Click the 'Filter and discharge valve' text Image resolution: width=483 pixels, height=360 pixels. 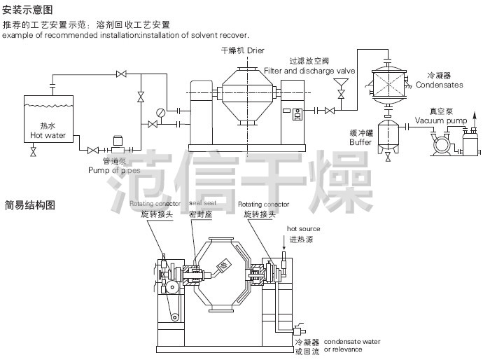[310, 71]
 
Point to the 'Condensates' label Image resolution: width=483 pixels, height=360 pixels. [439, 85]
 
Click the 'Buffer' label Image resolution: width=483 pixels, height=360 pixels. [360, 141]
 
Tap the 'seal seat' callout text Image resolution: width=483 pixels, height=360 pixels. [203, 203]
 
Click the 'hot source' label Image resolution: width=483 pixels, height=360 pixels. [304, 228]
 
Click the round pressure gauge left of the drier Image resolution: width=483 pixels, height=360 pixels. [162, 111]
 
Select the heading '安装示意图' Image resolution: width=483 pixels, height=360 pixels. [27, 10]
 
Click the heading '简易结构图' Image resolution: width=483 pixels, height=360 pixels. [29, 205]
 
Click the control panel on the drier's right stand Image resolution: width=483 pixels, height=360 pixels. [297, 115]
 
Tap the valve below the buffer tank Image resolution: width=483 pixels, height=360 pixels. [388, 157]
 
